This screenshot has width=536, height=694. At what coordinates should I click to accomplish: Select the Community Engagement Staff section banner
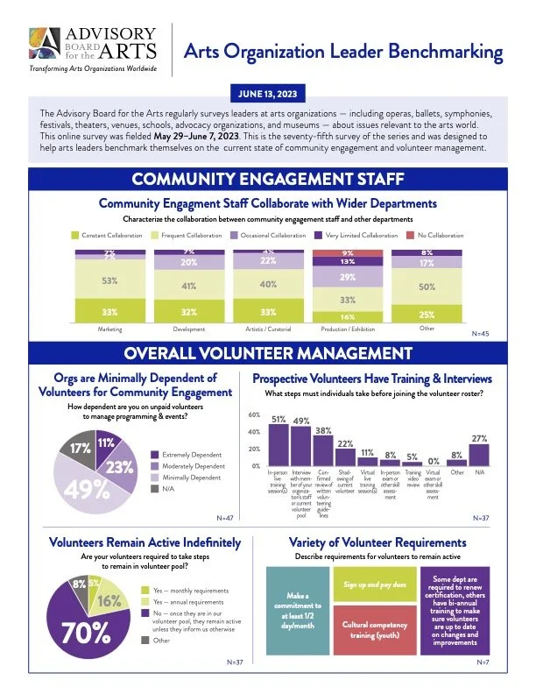coord(267,181)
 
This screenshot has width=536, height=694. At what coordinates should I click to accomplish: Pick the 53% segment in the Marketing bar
coord(110,280)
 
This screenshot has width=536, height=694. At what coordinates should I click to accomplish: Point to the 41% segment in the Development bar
coord(188,285)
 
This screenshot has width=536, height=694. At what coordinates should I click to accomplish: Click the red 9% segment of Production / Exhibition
coord(348,252)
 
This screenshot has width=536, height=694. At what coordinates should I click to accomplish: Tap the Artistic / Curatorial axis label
coord(268,329)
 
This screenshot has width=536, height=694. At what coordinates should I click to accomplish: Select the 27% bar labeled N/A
coord(479,455)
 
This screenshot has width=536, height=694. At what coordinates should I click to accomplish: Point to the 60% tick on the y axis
coord(255,415)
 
